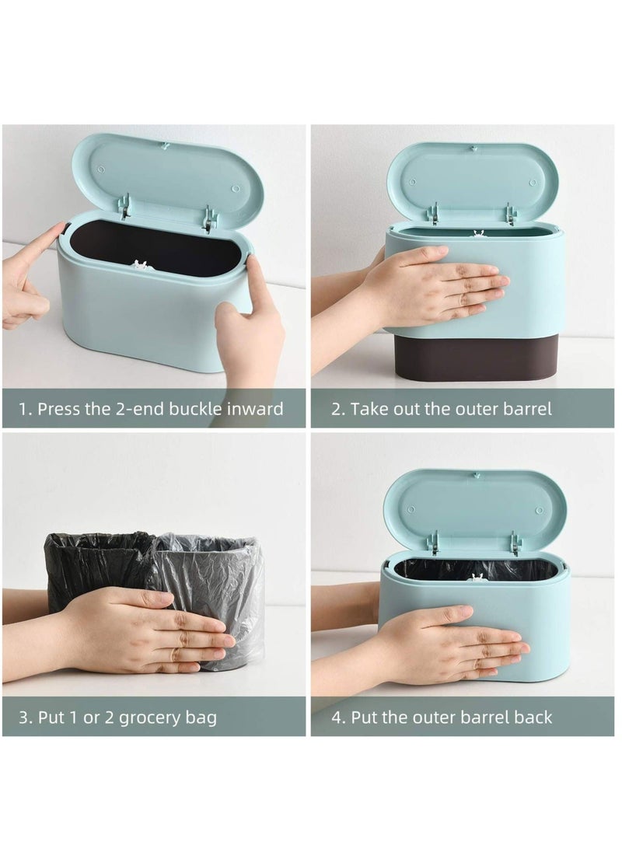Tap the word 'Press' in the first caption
point(58,409)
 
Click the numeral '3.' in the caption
point(26,718)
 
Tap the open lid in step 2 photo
point(471,182)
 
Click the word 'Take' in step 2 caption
point(371,409)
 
